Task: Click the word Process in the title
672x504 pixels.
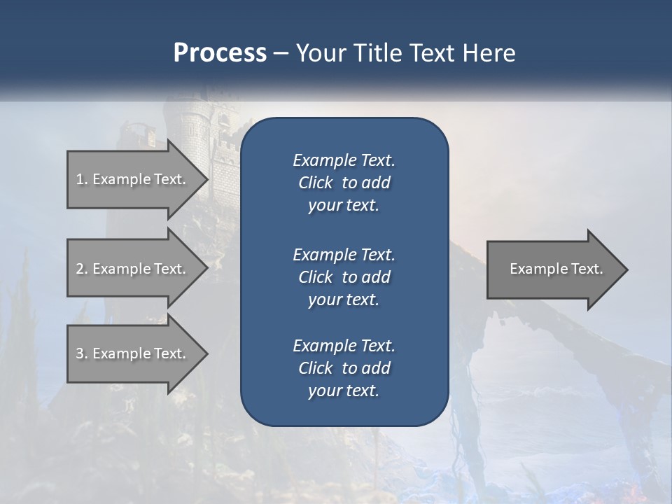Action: (x=220, y=53)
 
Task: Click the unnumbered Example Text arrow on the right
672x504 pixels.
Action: (x=556, y=269)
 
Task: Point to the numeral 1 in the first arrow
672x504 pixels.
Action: (x=80, y=179)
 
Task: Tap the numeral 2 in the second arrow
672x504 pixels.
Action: (x=80, y=269)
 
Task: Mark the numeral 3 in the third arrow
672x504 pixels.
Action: (x=80, y=353)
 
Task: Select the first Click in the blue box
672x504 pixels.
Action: (x=315, y=183)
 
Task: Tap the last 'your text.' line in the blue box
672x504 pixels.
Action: (x=344, y=391)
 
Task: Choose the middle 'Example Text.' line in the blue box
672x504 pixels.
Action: (x=344, y=254)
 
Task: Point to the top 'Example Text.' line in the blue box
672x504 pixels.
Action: (x=344, y=160)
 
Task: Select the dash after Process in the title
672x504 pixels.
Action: (x=281, y=53)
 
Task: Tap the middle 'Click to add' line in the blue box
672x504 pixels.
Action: (x=344, y=277)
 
